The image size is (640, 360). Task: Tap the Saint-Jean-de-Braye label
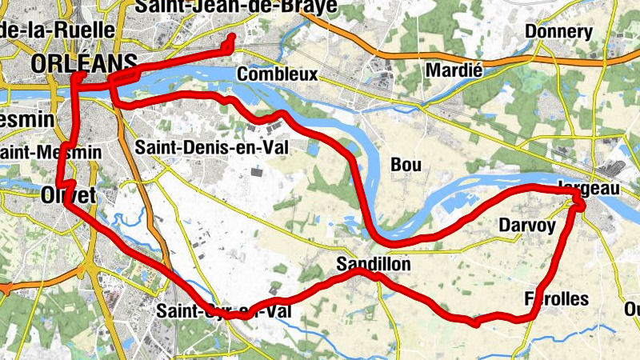click(x=236, y=7)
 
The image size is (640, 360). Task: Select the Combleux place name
click(x=278, y=74)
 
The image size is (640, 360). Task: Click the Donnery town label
click(x=559, y=32)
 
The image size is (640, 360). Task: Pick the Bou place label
click(x=405, y=164)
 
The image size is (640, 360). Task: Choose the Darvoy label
click(x=526, y=225)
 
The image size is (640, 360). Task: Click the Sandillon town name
click(x=374, y=263)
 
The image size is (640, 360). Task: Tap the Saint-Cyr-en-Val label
click(x=223, y=310)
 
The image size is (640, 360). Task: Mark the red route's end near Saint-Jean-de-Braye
click(x=232, y=38)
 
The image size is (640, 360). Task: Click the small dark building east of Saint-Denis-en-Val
click(x=257, y=171)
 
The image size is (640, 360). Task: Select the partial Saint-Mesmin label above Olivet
click(x=50, y=151)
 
